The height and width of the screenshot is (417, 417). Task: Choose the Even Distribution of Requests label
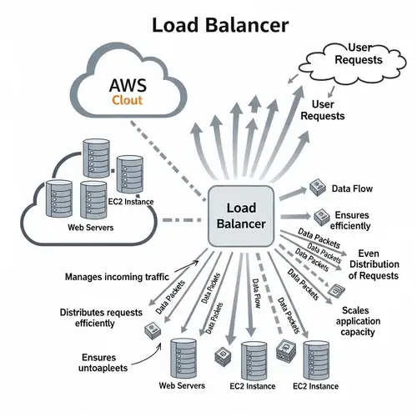tap(374, 264)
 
